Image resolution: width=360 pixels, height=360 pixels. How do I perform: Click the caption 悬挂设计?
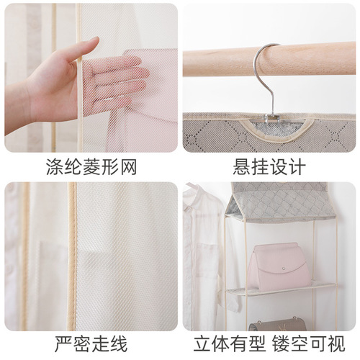tap(269, 167)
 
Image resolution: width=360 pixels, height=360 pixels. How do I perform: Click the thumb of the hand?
tap(81, 50)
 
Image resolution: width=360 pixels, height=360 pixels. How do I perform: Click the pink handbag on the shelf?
tap(279, 266)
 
